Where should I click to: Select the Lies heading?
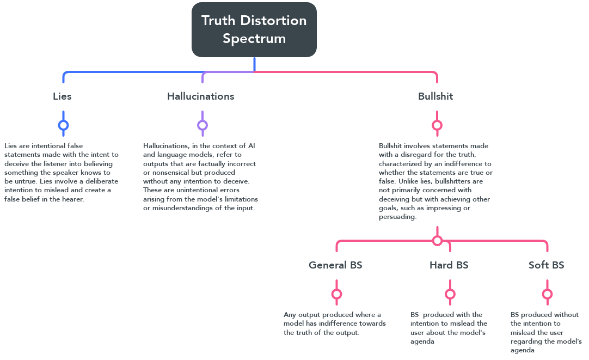[62, 96]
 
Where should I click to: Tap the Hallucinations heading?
[200, 96]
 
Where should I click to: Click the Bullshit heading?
[435, 96]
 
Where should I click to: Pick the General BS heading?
[335, 265]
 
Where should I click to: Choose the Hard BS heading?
[449, 265]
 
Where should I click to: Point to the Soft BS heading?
[546, 265]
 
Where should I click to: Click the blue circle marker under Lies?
[63, 125]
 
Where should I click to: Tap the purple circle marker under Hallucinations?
[203, 125]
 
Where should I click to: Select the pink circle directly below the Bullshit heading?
[437, 125]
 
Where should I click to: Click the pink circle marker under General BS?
[336, 294]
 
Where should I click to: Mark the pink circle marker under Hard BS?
[450, 294]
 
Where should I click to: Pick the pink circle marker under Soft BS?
[547, 294]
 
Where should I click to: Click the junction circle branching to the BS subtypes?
[437, 240]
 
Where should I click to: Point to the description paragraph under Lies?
[61, 172]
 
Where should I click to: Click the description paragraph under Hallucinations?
[200, 176]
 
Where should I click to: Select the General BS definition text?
[334, 324]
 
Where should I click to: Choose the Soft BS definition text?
[546, 332]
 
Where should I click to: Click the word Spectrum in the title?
[254, 39]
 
